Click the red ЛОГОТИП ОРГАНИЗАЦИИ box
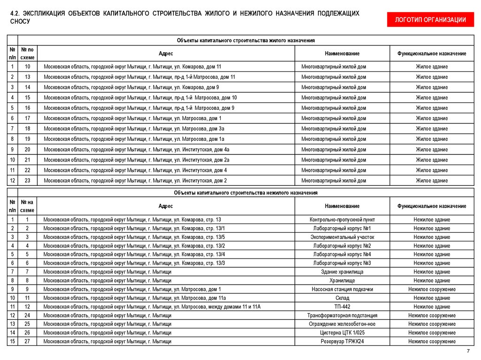(x=430, y=19)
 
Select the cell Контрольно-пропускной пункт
(x=342, y=220)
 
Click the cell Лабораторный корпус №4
(x=342, y=254)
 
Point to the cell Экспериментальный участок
(x=342, y=237)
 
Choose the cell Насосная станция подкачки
(x=342, y=289)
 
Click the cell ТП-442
(x=342, y=306)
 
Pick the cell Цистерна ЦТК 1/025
(x=342, y=333)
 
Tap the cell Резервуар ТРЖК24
(x=342, y=342)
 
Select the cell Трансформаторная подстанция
(x=342, y=315)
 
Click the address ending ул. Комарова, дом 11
(x=132, y=67)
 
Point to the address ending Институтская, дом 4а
(x=136, y=150)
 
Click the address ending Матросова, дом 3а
(x=134, y=129)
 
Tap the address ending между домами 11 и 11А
(x=152, y=306)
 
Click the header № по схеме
(x=27, y=53)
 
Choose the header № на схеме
(x=27, y=206)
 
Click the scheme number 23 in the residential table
(x=27, y=181)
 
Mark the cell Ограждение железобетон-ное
(x=342, y=324)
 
